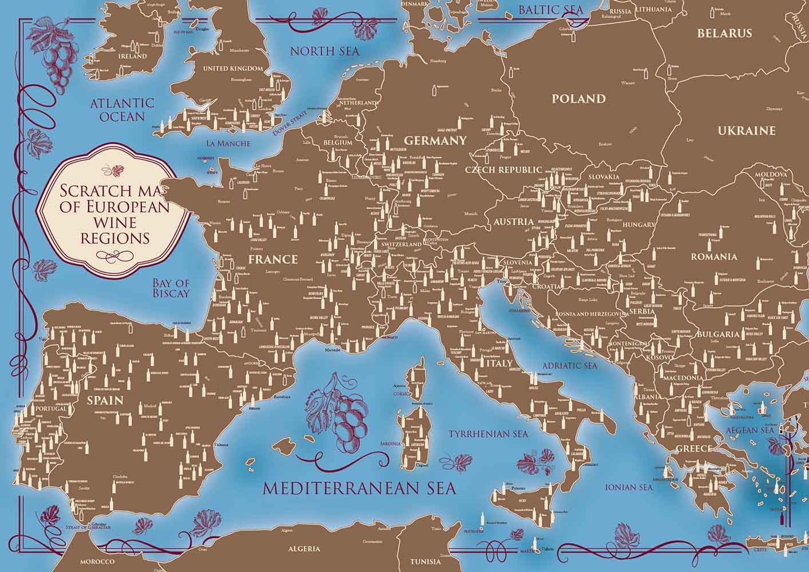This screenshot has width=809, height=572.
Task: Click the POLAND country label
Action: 578,99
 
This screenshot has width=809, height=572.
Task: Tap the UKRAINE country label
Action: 747,131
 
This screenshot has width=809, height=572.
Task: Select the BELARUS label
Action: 724,33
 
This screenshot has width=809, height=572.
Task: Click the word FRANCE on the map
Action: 273,259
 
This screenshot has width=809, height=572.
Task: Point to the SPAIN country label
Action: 105,400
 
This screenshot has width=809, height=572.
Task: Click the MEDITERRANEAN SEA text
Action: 359,488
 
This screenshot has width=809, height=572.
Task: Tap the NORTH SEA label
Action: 324,51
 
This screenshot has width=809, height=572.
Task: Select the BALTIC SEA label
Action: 550,10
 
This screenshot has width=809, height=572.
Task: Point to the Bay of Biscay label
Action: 170,288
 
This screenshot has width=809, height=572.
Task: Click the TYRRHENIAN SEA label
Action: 488,434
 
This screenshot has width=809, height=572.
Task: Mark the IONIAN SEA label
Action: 629,487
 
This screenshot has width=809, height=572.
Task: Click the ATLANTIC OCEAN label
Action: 122,109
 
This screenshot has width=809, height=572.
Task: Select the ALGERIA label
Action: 304,549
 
